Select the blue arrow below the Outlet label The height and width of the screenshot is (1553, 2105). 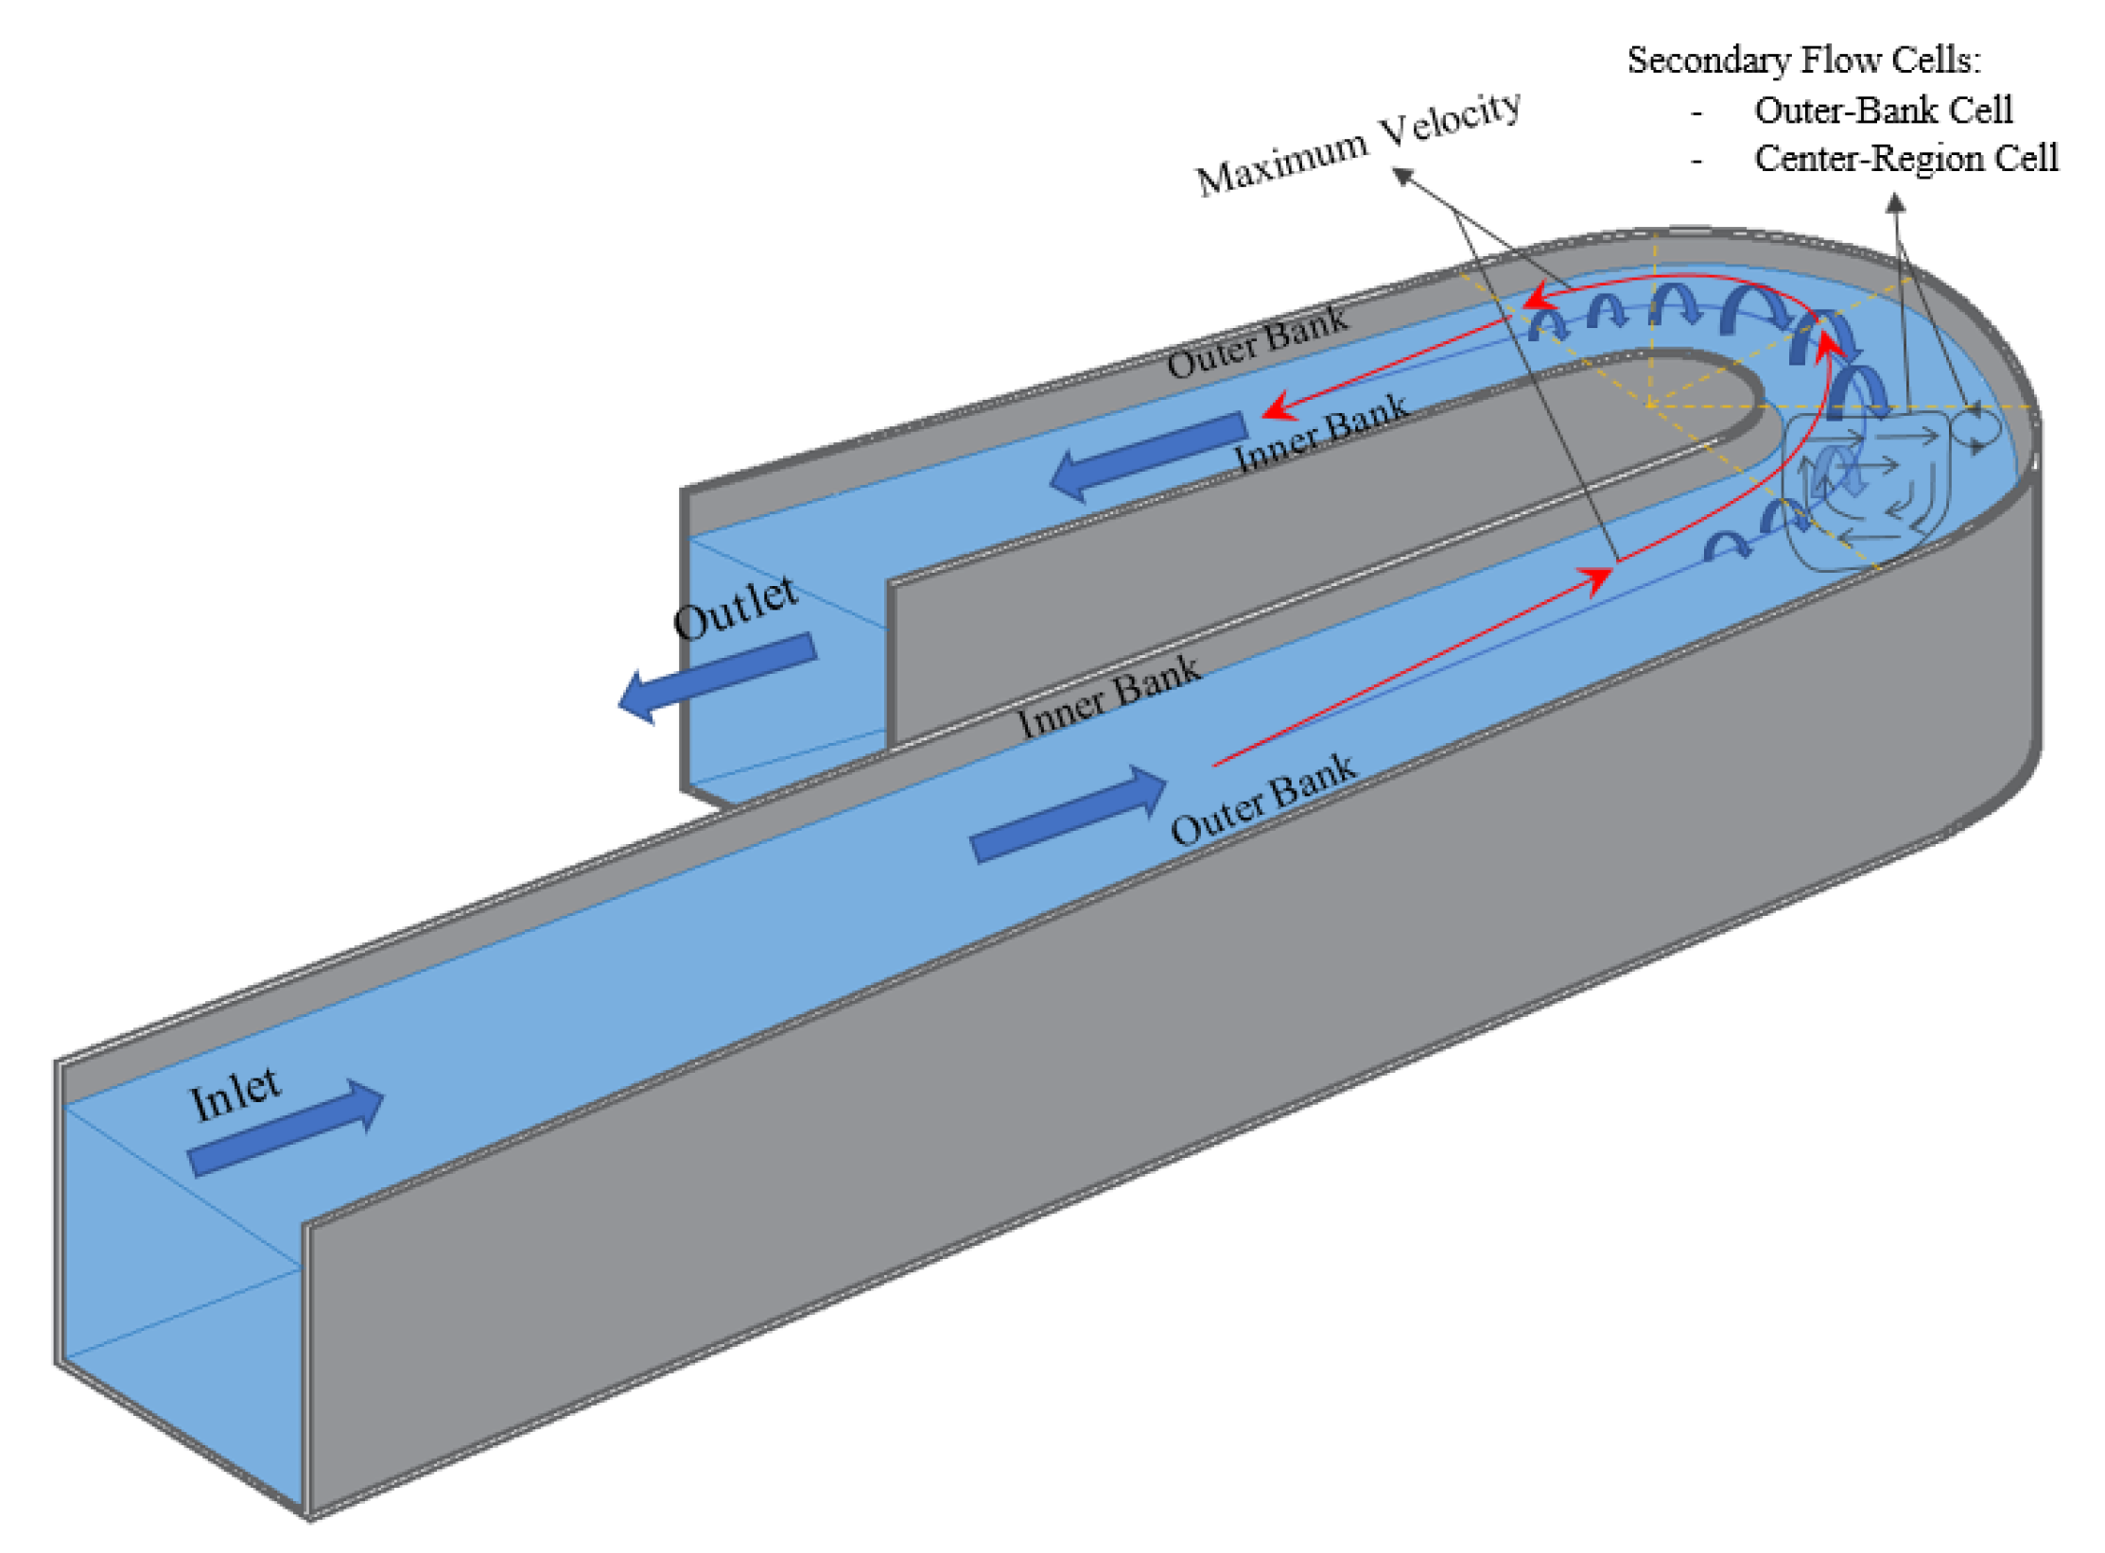717,677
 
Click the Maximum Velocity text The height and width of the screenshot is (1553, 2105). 1358,144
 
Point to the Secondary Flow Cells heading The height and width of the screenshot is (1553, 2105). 1802,60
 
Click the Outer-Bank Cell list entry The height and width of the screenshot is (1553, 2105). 1882,111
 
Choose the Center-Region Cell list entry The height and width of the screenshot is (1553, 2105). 1905,159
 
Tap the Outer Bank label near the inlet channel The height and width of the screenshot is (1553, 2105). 1262,800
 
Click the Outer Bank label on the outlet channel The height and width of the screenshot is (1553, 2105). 1257,342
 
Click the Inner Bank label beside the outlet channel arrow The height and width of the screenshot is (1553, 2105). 1320,431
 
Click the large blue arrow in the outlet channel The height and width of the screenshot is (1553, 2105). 1148,457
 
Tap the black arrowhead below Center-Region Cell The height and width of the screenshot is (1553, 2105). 1895,202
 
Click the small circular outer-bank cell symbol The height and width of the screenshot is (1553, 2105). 1978,426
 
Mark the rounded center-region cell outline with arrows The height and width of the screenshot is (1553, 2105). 1863,492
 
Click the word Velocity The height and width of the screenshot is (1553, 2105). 1451,119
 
